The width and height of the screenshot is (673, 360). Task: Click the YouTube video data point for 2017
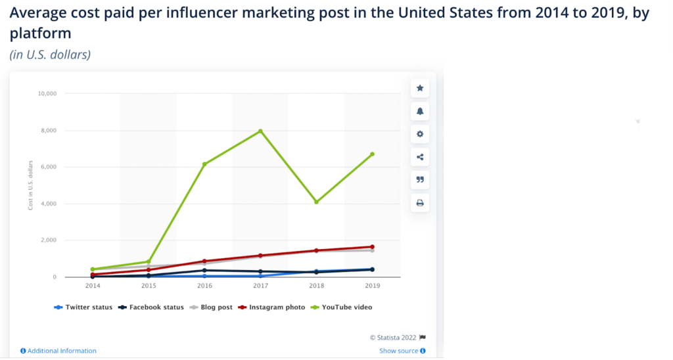tap(260, 131)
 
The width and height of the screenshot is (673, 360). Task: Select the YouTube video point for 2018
tap(316, 202)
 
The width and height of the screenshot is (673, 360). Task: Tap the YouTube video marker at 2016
tap(204, 164)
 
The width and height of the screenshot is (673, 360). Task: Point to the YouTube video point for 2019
tap(372, 154)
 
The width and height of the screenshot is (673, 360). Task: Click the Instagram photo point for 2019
tap(372, 247)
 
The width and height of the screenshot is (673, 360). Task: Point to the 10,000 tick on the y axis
tap(47, 93)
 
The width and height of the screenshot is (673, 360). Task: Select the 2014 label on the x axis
tap(93, 286)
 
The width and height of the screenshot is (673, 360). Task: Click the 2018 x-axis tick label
tap(316, 286)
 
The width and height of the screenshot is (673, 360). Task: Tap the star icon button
tap(420, 89)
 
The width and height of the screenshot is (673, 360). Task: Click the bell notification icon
tap(420, 111)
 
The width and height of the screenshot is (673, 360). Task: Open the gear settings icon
tap(420, 134)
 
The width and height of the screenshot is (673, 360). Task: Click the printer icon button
tap(420, 203)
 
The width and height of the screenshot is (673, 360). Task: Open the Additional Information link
tap(58, 351)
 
